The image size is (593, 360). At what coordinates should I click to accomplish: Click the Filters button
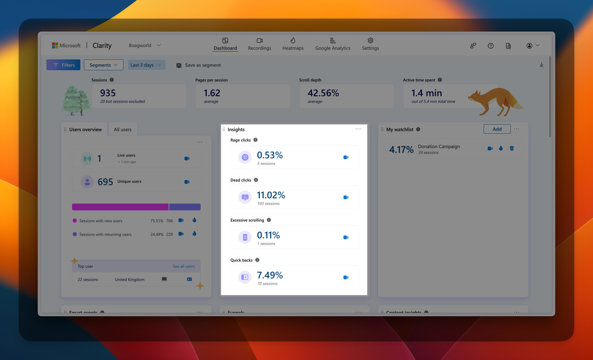click(63, 65)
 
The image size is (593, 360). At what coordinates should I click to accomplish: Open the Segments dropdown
click(103, 65)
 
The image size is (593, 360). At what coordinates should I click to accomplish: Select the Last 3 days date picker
click(146, 65)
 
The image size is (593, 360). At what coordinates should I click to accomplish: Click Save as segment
click(198, 65)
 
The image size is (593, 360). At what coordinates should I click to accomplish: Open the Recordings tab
click(259, 44)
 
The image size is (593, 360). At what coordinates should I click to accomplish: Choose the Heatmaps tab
click(293, 44)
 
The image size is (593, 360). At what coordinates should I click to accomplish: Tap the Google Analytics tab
click(332, 44)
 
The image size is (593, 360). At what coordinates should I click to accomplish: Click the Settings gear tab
click(370, 44)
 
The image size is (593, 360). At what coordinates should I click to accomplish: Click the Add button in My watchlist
click(497, 129)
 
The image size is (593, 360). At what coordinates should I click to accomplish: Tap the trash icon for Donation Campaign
click(512, 148)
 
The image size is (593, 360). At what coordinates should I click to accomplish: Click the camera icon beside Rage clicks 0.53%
click(346, 157)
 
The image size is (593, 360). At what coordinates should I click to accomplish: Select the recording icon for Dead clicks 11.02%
click(346, 197)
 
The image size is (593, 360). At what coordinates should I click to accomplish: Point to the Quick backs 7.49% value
click(270, 275)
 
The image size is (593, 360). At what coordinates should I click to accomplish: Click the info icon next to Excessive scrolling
click(269, 220)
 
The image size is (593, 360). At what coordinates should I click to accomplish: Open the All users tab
click(123, 129)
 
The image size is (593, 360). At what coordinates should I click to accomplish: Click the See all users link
click(184, 266)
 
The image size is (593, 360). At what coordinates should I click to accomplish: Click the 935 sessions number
click(108, 93)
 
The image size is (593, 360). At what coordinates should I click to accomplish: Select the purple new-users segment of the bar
click(120, 207)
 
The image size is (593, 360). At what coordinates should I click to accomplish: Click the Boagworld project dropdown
click(144, 45)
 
